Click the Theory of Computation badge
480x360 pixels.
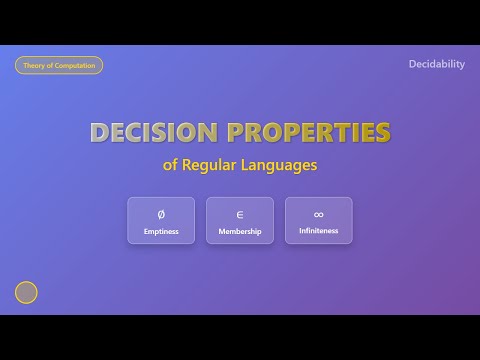[59, 65]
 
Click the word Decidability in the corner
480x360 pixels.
[437, 64]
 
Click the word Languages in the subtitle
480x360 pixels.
[283, 165]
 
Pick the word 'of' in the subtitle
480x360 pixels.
[170, 165]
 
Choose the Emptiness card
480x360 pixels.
[161, 220]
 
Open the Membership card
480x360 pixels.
[240, 220]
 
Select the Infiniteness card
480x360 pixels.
[318, 220]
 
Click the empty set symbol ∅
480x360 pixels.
[161, 214]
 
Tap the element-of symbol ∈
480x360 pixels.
[240, 214]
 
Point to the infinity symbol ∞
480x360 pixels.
[318, 214]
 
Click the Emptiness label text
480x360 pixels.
[161, 231]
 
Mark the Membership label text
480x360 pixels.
[240, 231]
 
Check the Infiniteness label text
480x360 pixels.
[318, 231]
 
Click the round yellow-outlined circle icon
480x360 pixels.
[26, 292]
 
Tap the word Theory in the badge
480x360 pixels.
[34, 65]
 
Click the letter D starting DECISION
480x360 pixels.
[100, 133]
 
